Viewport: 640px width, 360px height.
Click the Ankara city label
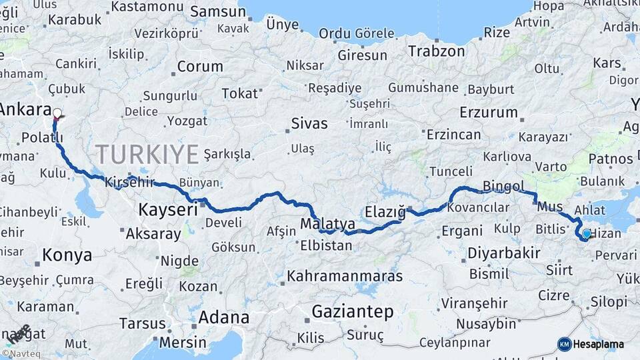pyautogui.click(x=25, y=109)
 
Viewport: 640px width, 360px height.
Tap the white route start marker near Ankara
pyautogui.click(x=57, y=113)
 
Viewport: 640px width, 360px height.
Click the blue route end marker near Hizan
pyautogui.click(x=585, y=234)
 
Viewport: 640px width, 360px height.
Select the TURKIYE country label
pyautogui.click(x=147, y=154)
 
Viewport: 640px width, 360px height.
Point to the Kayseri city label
pyautogui.click(x=167, y=209)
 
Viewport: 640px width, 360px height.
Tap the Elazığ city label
pyautogui.click(x=385, y=212)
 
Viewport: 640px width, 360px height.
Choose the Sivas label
pyautogui.click(x=309, y=123)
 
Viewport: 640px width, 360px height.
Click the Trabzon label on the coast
pyautogui.click(x=436, y=51)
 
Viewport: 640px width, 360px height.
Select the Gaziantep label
pyautogui.click(x=353, y=311)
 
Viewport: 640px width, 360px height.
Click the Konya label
pyautogui.click(x=67, y=254)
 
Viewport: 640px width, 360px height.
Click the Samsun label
pyautogui.click(x=218, y=11)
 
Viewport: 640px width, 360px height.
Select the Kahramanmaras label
pyautogui.click(x=345, y=275)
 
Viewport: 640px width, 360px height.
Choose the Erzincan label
pyautogui.click(x=453, y=134)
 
